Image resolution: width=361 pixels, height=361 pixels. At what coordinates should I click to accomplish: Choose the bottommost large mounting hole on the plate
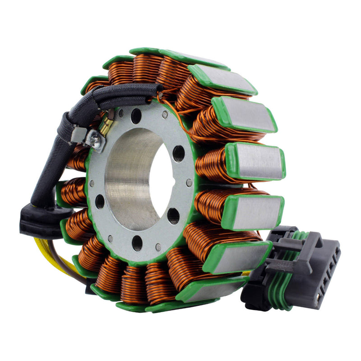137,243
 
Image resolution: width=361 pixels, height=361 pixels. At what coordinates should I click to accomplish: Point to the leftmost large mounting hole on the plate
100,201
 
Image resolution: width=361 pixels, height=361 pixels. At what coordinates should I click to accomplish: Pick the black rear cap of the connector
253,293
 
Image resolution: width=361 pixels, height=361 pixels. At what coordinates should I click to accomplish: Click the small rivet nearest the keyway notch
189,183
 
